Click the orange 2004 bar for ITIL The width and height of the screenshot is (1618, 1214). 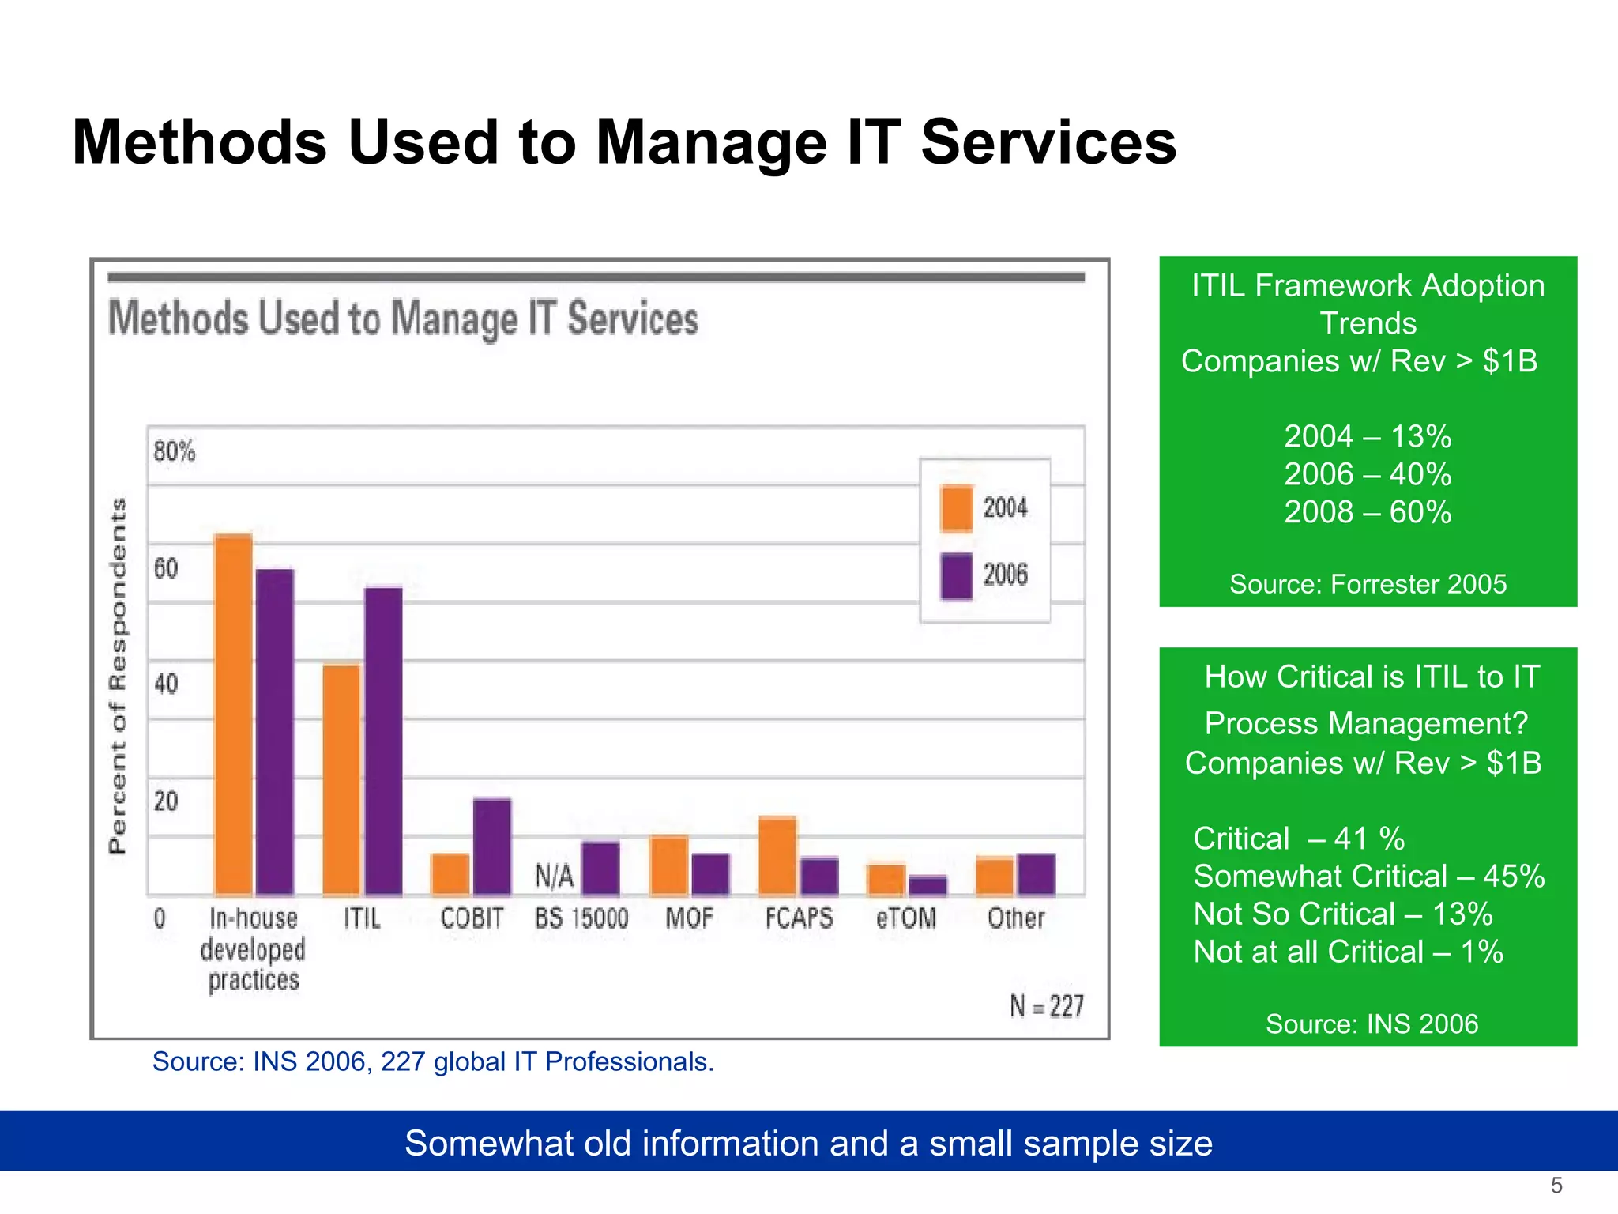point(341,779)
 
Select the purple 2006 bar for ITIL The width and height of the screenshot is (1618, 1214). point(383,741)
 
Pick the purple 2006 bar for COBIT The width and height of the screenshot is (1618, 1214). point(491,846)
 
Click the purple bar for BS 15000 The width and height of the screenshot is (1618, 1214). point(600,868)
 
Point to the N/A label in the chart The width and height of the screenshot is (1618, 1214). point(554,876)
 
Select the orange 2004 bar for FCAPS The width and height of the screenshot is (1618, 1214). point(777,855)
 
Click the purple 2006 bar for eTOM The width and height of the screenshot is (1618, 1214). point(928,885)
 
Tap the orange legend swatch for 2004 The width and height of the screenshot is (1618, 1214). point(957,508)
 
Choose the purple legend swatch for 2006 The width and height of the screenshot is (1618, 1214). point(957,576)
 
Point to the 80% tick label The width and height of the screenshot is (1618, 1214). point(174,452)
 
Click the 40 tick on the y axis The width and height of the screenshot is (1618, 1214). point(166,684)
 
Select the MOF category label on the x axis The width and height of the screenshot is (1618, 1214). point(689,918)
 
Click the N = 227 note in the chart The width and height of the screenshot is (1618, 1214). point(1046,1006)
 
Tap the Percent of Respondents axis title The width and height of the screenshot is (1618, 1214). point(118,676)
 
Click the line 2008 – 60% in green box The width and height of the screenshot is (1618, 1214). point(1368,512)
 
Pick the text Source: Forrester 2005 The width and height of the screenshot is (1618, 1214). point(1368,584)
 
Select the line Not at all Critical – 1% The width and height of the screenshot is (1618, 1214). point(1348,952)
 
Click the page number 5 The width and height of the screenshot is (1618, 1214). point(1556,1186)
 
